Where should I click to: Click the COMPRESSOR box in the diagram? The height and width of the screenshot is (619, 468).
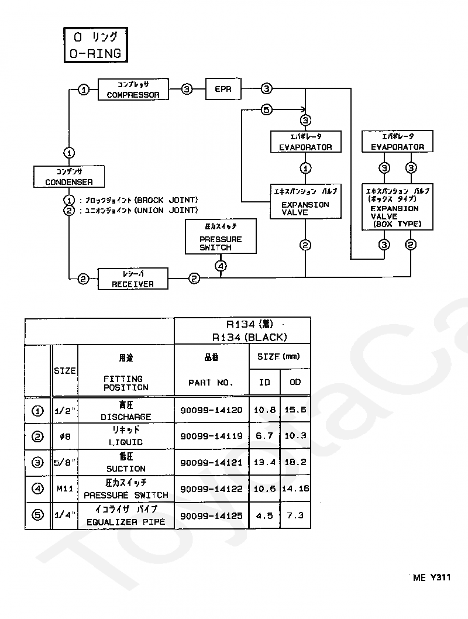click(x=133, y=89)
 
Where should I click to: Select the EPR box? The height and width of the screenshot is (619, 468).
click(x=223, y=89)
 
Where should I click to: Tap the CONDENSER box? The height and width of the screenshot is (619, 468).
click(x=69, y=177)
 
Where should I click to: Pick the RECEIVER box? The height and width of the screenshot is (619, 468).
click(x=133, y=278)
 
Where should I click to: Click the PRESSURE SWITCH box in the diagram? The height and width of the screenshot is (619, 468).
click(x=221, y=236)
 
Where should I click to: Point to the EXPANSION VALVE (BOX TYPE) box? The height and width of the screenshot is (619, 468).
click(x=397, y=207)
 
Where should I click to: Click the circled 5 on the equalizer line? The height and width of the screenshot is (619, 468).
click(x=267, y=109)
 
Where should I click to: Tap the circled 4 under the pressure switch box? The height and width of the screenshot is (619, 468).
click(x=221, y=266)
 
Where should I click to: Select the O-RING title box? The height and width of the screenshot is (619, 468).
click(x=96, y=45)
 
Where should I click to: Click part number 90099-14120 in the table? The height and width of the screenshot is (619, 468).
click(x=212, y=410)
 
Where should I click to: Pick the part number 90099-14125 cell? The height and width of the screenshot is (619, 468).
click(x=212, y=515)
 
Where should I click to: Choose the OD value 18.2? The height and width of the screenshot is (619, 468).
click(x=295, y=462)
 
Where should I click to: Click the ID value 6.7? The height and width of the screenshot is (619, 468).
click(x=264, y=436)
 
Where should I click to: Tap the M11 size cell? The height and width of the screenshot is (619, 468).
click(x=65, y=489)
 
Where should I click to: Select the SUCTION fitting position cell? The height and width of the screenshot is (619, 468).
click(x=126, y=463)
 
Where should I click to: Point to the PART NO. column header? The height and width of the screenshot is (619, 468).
click(x=211, y=383)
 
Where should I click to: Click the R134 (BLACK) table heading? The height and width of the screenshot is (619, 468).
click(x=249, y=338)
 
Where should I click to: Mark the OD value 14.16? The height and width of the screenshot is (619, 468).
click(x=295, y=489)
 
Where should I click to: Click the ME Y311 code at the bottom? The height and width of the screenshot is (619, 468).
click(x=432, y=577)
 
